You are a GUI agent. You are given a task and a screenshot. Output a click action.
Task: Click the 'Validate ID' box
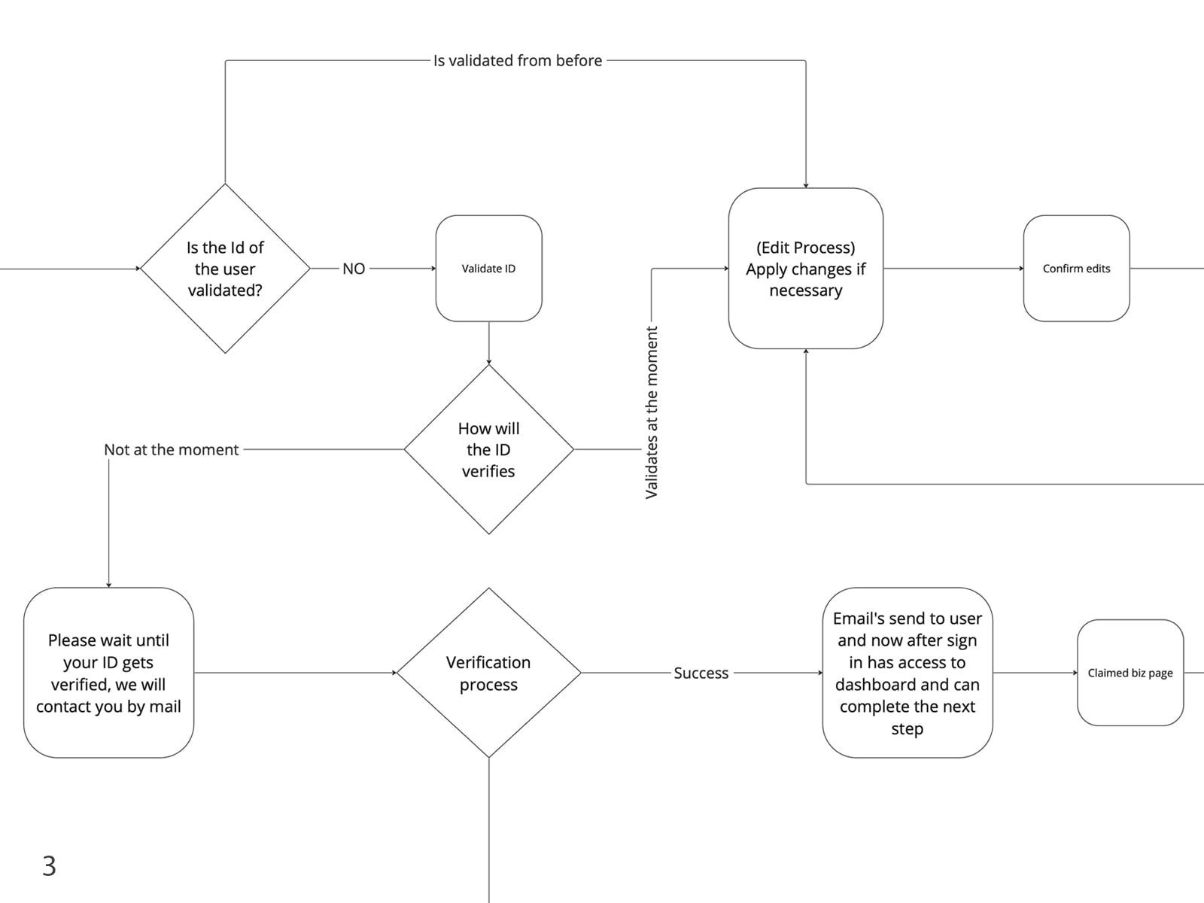(x=488, y=268)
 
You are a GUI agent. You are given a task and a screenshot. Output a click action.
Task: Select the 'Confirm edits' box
(x=1076, y=268)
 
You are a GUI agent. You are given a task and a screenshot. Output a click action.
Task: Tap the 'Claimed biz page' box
(x=1130, y=672)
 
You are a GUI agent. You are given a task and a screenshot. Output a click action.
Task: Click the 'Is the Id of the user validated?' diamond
(x=225, y=268)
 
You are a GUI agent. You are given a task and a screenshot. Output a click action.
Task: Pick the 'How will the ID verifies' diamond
(x=488, y=449)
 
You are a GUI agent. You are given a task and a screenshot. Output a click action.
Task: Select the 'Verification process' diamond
(x=488, y=672)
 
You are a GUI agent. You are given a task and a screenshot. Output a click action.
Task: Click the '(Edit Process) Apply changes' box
(x=806, y=268)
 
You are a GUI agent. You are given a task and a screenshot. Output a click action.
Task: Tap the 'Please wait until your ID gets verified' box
(x=108, y=672)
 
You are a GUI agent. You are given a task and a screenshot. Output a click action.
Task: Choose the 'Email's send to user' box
(x=908, y=672)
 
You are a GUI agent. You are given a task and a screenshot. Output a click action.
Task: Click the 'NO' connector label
(x=354, y=269)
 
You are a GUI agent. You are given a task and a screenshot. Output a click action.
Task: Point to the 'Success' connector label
(x=701, y=673)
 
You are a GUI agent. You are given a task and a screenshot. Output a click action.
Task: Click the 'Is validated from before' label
(x=518, y=60)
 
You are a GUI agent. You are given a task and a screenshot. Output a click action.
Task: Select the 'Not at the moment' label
(x=171, y=449)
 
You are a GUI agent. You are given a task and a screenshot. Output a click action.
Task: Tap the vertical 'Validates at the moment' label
(x=651, y=412)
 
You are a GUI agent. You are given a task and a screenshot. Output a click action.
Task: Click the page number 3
(x=50, y=865)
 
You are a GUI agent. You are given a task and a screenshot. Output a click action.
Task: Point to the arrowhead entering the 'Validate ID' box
(x=433, y=268)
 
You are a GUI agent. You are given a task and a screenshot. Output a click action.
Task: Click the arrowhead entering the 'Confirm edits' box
(x=1021, y=268)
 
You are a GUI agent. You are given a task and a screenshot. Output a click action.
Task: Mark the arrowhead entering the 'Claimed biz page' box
(x=1075, y=672)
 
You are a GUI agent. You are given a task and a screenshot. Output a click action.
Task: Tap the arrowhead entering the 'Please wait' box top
(x=108, y=585)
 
